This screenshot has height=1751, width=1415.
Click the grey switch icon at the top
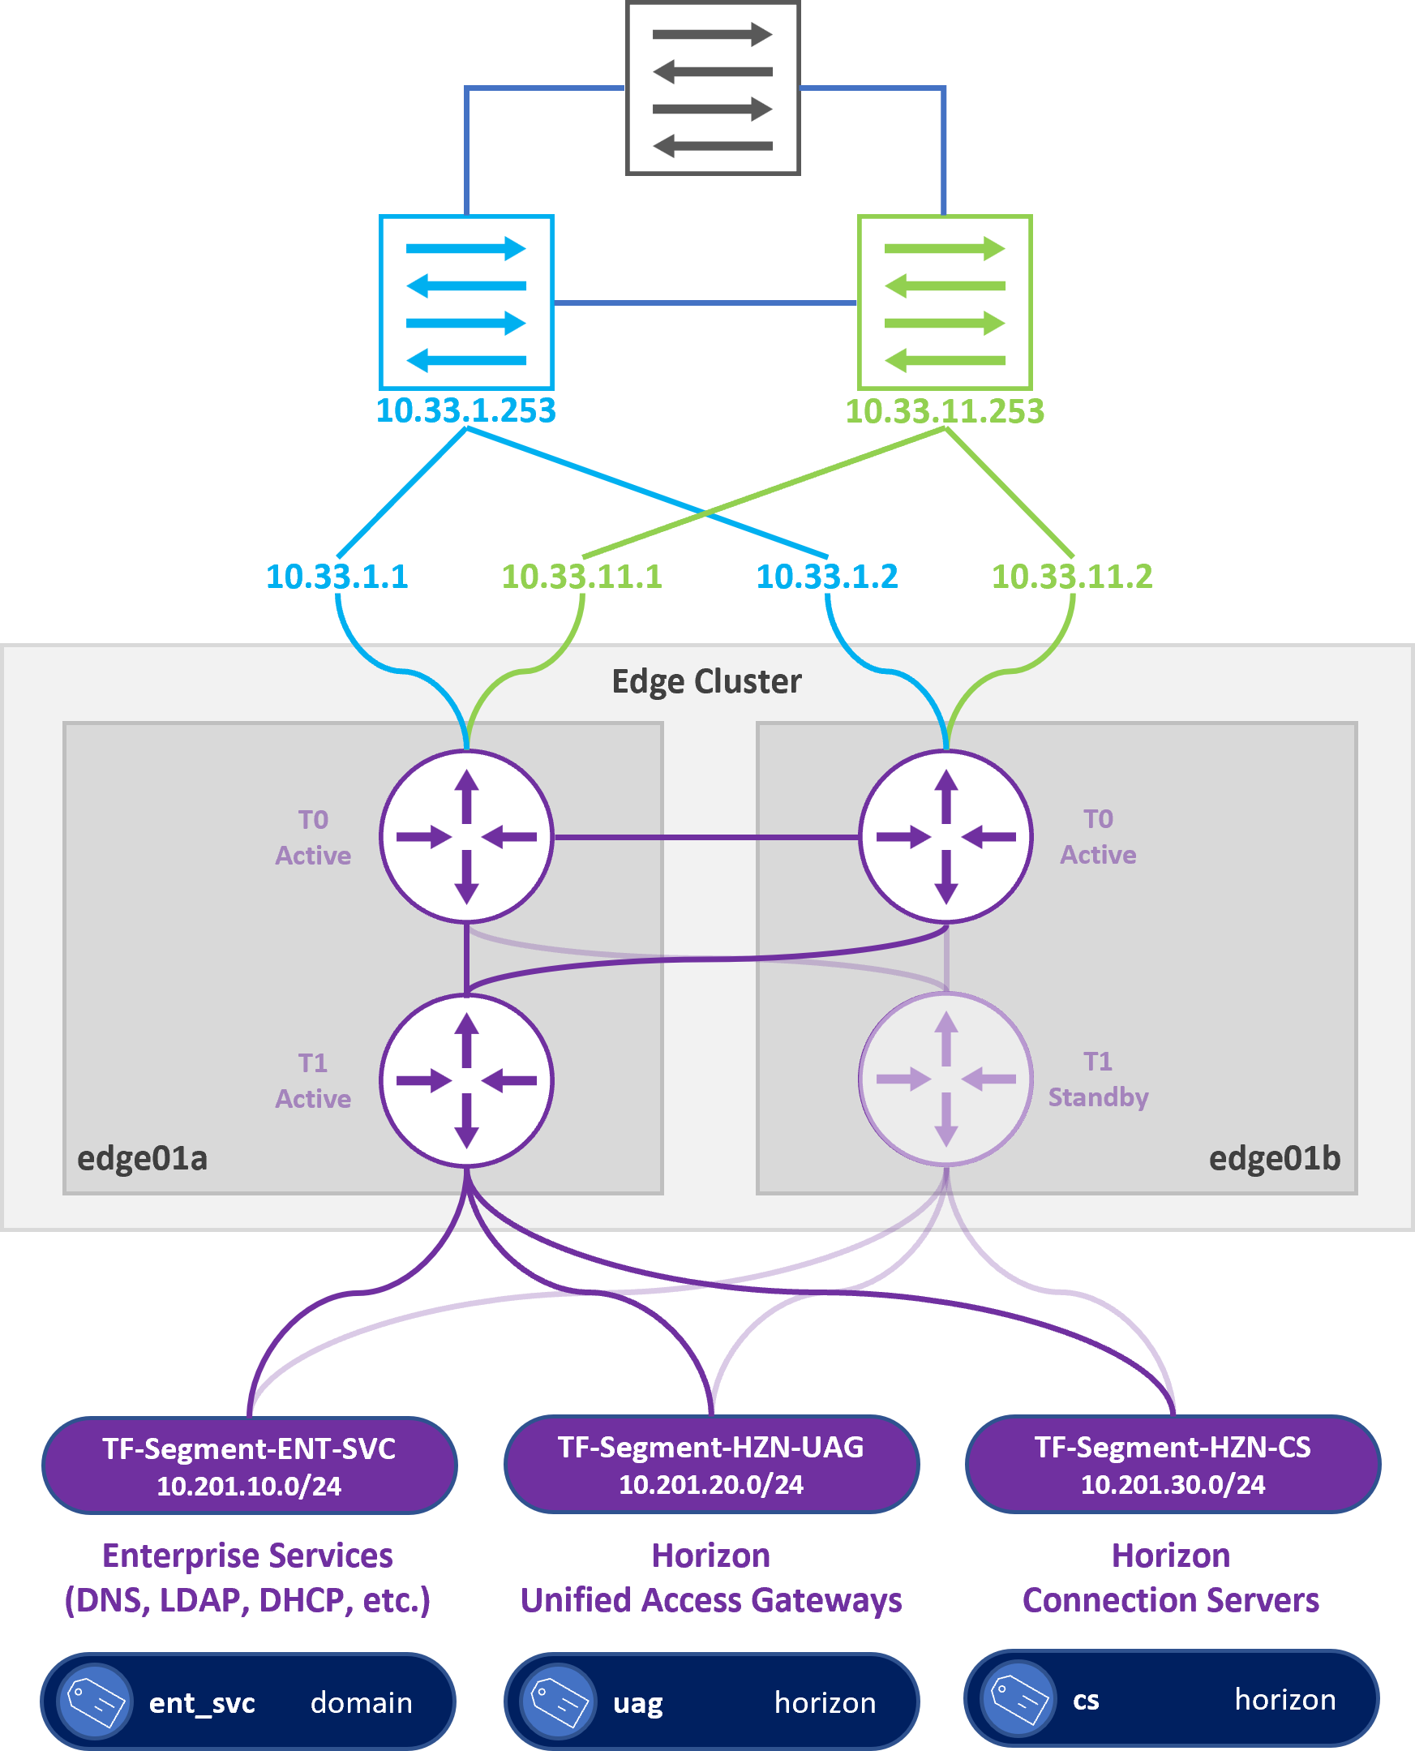pos(713,88)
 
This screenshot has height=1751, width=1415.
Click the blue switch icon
pos(466,303)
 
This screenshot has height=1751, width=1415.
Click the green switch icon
pos(945,303)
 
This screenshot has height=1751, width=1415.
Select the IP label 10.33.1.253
pos(465,411)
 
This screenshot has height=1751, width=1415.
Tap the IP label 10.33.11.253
pos(945,411)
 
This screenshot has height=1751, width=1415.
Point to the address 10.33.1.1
pos(337,577)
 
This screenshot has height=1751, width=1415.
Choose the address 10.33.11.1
pos(582,577)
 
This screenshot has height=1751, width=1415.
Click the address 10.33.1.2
pos(826,577)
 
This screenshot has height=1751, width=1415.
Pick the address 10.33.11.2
pos(1072,577)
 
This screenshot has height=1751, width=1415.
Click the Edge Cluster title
pos(706,681)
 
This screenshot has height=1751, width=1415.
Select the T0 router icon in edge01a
pos(466,836)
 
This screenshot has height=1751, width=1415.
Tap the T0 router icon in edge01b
pos(945,836)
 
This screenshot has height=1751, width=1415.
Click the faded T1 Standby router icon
pos(945,1079)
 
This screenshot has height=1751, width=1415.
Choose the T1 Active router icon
pos(466,1081)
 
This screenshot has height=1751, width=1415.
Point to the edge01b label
pos(1274,1158)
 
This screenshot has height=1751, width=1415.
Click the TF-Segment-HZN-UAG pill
pos(712,1465)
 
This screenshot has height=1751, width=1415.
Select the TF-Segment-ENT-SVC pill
pos(250,1466)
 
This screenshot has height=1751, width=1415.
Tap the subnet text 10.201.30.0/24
pos(1172,1484)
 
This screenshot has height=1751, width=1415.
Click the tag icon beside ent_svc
pos(96,1702)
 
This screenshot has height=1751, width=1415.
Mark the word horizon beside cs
pos(1284,1700)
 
